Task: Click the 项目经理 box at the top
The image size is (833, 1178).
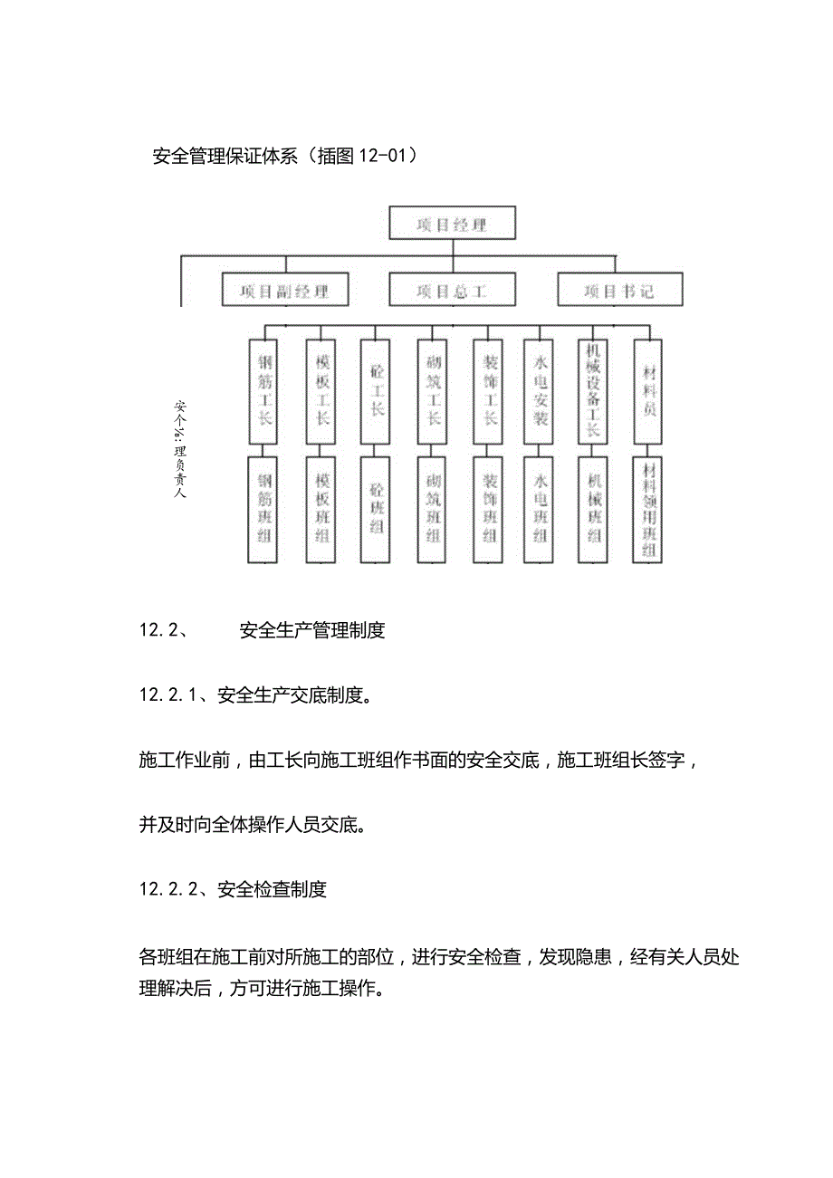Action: pos(452,224)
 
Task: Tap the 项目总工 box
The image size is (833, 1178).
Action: pos(452,291)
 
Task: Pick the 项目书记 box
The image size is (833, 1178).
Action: pos(619,291)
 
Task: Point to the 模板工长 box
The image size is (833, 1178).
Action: pos(322,391)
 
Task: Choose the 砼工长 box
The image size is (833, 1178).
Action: pos(378,391)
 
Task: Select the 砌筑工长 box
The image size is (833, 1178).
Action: pos(435,391)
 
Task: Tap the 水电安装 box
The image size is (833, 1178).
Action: pos(541,391)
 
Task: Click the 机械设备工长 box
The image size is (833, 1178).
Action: pos(595,391)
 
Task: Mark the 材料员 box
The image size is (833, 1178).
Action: pos(649,391)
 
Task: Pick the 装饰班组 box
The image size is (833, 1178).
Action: pos(490,510)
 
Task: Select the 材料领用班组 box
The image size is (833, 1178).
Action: pos(649,510)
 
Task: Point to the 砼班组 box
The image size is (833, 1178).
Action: pos(378,510)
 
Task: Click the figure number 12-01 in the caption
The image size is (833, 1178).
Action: pos(381,156)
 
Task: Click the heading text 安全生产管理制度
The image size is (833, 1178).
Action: pos(312,630)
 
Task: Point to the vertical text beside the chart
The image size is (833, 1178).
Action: pos(179,448)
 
